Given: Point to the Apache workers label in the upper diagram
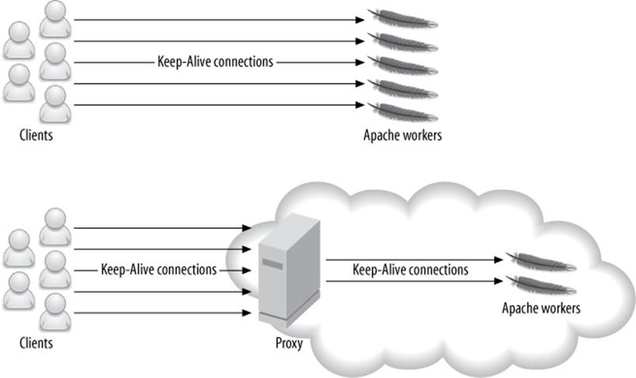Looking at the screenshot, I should tap(402, 135).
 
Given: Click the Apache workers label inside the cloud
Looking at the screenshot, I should tap(541, 308).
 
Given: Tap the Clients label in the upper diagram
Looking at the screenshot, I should tap(36, 135).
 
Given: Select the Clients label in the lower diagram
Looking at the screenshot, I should tap(36, 343).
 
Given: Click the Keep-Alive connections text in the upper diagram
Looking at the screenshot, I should tap(215, 62).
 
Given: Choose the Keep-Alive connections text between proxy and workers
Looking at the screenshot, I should tap(410, 270).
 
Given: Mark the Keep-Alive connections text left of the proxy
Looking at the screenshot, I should tap(158, 270).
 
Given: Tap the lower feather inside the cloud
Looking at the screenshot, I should tap(540, 283).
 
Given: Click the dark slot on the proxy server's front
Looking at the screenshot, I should tap(272, 265).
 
